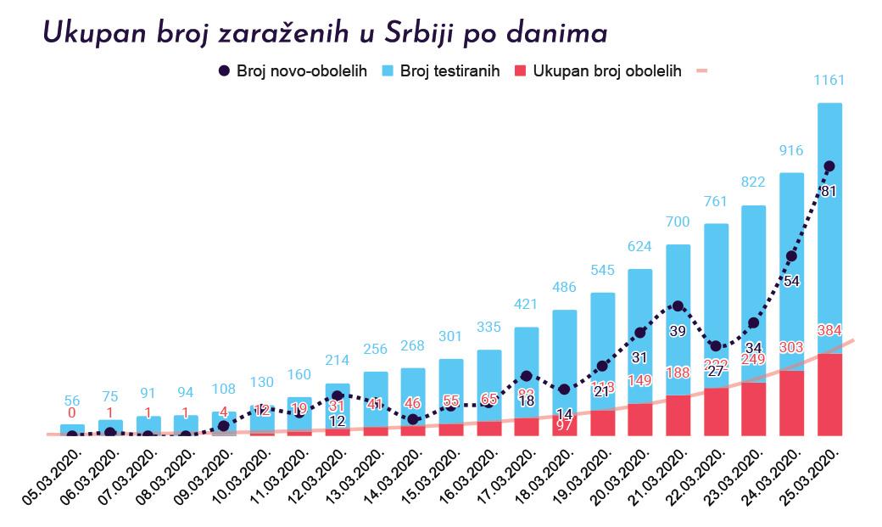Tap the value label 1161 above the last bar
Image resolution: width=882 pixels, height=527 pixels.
point(829,81)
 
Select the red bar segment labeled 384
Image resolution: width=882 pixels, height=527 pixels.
point(829,395)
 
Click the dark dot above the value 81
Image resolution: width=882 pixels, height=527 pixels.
point(829,166)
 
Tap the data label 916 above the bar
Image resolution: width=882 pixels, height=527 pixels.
point(791,150)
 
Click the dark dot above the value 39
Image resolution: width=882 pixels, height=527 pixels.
point(678,306)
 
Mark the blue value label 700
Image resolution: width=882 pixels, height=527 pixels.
point(678,222)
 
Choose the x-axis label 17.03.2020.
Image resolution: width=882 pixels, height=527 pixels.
point(507,475)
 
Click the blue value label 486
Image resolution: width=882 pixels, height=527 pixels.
point(564,288)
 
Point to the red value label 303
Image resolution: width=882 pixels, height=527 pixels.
point(791,347)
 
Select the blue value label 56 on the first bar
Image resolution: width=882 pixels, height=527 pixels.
point(72,401)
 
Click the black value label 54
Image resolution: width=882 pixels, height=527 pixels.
point(791,281)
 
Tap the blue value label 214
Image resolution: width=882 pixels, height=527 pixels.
point(337,361)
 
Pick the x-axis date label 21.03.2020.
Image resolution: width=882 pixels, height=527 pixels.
point(659,475)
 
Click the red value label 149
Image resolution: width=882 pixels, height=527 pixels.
point(639,381)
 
